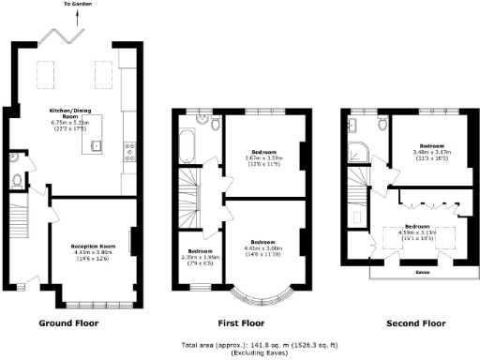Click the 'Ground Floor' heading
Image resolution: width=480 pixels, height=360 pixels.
pos(67,323)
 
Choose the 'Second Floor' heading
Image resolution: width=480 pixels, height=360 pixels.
pos(414,323)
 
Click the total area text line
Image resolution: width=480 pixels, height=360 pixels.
pos(241,344)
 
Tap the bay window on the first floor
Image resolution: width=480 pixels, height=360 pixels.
pos(256,293)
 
